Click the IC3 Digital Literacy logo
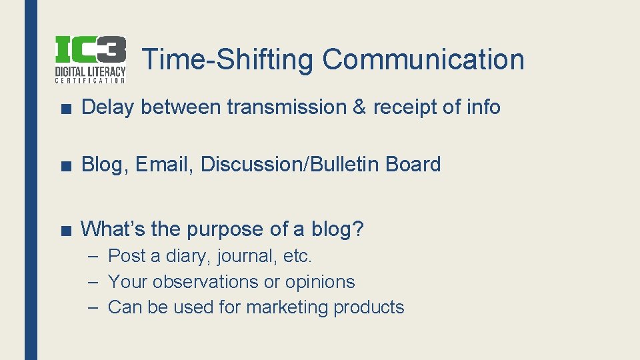point(90,59)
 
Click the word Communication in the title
point(423,59)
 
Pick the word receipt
point(405,107)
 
